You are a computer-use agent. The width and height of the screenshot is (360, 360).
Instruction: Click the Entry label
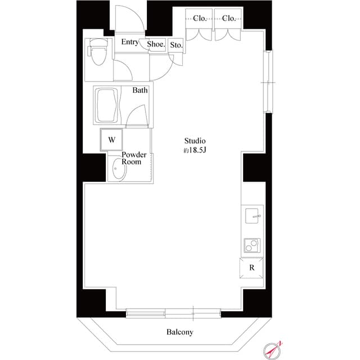pos(130,42)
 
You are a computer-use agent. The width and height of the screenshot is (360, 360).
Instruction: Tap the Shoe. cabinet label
pos(156,44)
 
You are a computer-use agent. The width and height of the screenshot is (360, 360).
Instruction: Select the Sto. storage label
pos(176,45)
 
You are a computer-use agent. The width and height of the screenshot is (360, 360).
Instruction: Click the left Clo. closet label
pos(200,19)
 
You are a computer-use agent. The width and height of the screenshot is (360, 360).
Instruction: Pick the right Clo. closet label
pos(228,19)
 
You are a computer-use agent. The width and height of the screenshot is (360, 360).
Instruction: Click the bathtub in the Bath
pos(107,106)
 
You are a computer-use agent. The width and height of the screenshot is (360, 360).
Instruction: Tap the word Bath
pos(140,90)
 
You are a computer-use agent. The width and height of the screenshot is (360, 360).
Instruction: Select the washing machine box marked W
pos(111,139)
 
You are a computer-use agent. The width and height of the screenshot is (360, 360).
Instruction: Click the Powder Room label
pos(134,158)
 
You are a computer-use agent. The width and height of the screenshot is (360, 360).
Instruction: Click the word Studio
pos(195,141)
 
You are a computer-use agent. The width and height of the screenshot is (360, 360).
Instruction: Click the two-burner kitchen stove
pos(252,246)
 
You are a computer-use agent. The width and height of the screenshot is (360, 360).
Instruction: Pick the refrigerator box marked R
pos(252,268)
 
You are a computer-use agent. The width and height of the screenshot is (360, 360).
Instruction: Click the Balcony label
pos(179,332)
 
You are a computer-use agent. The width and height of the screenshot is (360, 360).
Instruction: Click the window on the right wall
pos(268,82)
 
